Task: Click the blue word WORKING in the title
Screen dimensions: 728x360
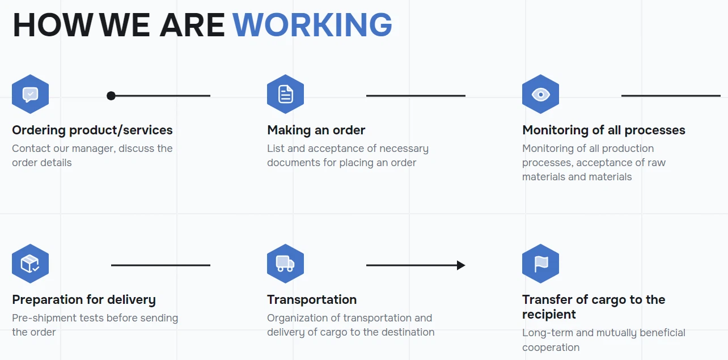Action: point(312,25)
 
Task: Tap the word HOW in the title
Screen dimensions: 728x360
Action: point(53,25)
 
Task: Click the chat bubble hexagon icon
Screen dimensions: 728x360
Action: point(30,94)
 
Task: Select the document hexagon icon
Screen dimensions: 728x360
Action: point(285,94)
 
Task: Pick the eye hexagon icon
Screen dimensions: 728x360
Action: point(540,94)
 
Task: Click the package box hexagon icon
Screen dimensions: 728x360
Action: point(30,264)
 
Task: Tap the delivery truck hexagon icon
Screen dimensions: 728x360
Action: point(285,264)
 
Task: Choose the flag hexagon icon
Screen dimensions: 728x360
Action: point(540,264)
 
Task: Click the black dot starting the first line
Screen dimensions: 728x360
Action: point(111,96)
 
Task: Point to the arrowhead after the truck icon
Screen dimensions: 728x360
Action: point(461,265)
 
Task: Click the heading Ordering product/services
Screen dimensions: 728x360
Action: point(92,130)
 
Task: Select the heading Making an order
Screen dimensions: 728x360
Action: point(316,130)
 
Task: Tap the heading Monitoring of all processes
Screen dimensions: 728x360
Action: point(603,130)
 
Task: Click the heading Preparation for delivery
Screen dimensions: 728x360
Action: point(84,299)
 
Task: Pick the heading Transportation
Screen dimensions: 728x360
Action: point(312,299)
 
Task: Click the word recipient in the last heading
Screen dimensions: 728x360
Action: point(549,315)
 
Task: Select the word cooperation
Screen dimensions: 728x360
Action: point(551,348)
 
